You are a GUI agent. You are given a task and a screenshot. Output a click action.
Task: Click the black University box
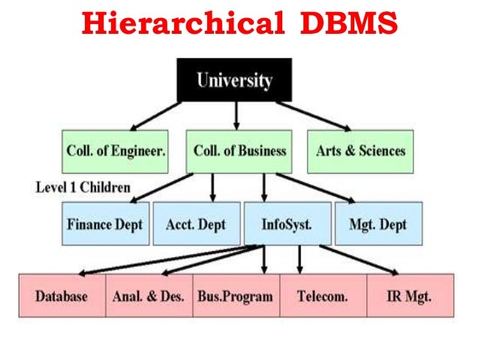(x=235, y=80)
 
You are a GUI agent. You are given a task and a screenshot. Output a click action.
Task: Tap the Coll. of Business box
(x=239, y=151)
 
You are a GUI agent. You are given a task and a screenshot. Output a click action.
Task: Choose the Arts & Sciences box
(x=360, y=151)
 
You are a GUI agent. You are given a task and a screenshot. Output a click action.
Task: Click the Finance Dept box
(x=104, y=224)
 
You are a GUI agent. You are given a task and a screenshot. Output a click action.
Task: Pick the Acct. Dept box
(x=197, y=224)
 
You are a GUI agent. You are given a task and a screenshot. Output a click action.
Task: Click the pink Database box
(x=62, y=295)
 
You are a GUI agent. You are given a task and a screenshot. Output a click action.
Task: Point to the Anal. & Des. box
(x=149, y=295)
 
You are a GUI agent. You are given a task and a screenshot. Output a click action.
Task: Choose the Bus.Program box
(x=236, y=295)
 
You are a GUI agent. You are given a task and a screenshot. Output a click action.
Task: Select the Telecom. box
(x=323, y=295)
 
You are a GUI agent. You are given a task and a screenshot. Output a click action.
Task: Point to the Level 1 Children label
(x=83, y=186)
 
